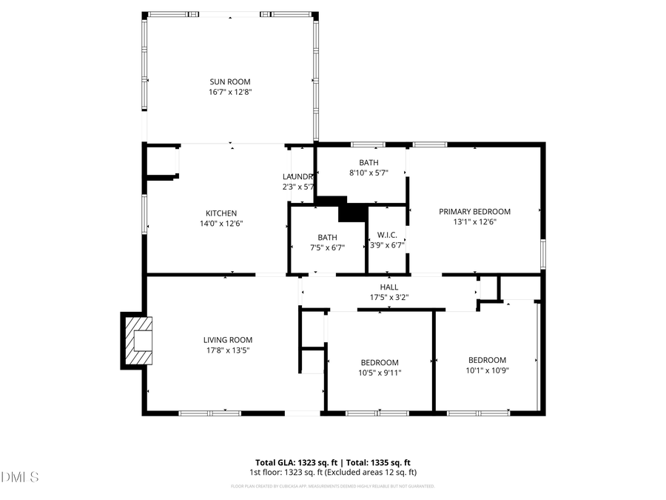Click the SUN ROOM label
[x=229, y=81]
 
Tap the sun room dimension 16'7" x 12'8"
[x=229, y=92]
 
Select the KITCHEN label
[x=221, y=213]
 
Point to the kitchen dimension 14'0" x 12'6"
[x=221, y=223]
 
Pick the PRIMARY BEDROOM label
[x=474, y=211]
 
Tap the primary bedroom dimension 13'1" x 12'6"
[x=474, y=221]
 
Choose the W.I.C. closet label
[x=387, y=236]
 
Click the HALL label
[x=389, y=287]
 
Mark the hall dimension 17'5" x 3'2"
[x=389, y=297]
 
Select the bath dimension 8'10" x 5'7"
[x=369, y=172]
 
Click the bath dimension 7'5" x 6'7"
[x=327, y=247]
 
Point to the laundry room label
[x=298, y=176]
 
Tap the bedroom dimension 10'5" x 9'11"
[x=380, y=373]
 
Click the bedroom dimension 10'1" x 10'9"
[x=487, y=370]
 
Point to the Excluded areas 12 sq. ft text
[x=375, y=472]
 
